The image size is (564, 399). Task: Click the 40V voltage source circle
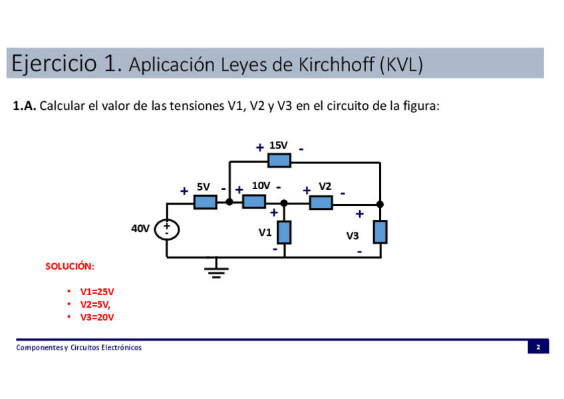pos(166,229)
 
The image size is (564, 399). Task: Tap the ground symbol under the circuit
pos(215,270)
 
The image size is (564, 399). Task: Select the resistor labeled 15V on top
pos(279,161)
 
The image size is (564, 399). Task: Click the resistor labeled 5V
pos(206,202)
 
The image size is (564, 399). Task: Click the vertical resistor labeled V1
pos(285,232)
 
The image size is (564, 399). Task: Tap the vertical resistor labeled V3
pos(380,232)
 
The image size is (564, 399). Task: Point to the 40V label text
pos(140,228)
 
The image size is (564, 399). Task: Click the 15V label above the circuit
pos(278,145)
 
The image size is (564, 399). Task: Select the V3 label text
pos(352,236)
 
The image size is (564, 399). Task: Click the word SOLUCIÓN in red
pos(70,266)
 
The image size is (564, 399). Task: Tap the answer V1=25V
pos(97,292)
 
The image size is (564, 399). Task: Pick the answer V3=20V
pos(97,317)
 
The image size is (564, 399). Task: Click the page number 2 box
pos(538,347)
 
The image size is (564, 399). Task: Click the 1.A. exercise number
pos(25,106)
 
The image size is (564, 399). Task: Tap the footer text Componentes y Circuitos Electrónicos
pos(79,348)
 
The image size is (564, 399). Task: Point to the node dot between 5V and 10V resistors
pos(229,202)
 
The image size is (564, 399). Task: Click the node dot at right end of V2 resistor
pos(380,204)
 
